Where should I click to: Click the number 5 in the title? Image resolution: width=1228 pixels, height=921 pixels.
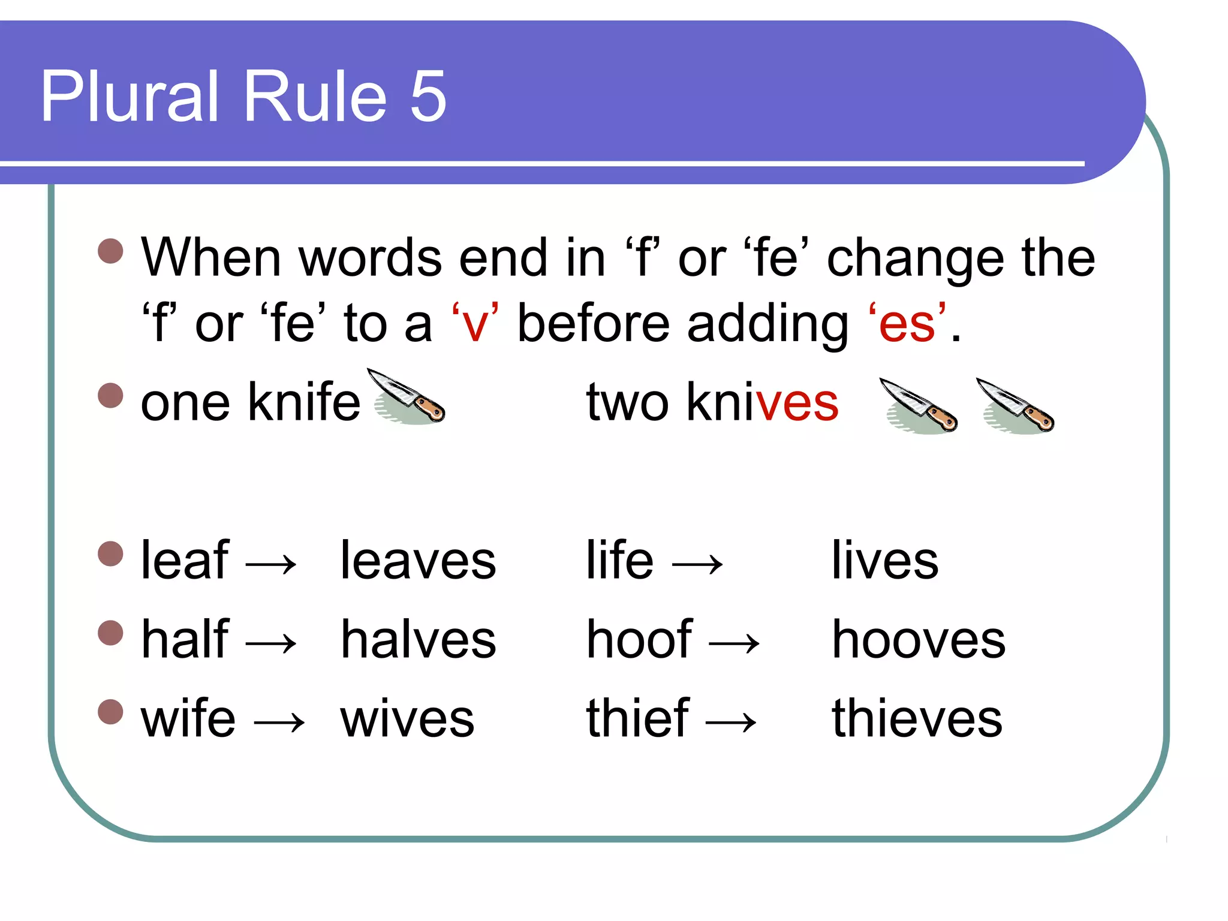point(428,96)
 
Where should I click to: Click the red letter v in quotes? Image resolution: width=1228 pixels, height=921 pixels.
point(475,324)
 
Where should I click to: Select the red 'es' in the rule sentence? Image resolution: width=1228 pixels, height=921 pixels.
point(907,324)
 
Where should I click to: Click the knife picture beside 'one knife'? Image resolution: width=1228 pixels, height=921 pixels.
point(408,397)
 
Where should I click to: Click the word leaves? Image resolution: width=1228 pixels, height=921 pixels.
point(418,561)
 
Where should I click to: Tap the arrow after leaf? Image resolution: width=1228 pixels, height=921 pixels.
point(271,564)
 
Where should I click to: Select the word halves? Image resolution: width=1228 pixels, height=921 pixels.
point(418,640)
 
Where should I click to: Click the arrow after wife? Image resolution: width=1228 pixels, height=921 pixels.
point(279,723)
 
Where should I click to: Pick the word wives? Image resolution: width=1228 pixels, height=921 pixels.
point(407,719)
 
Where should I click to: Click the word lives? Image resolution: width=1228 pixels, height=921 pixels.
point(884,561)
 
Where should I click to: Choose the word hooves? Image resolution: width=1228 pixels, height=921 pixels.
point(918,640)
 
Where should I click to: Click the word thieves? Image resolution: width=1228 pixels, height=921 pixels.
point(917,719)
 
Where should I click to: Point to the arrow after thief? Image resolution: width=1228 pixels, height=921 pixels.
point(731,723)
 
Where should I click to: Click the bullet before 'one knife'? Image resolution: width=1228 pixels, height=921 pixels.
point(110,396)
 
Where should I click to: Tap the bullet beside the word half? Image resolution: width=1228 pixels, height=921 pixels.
point(110,633)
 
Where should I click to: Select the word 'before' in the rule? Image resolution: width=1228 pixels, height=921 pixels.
point(593,324)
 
